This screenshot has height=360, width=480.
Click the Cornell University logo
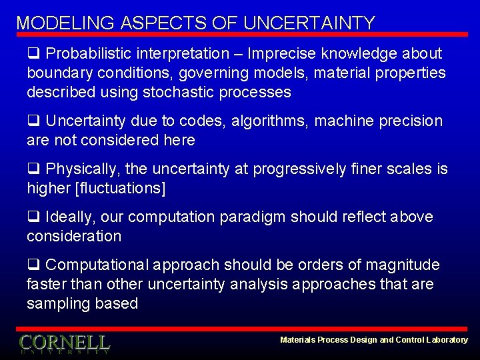64,343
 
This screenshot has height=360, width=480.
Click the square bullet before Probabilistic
33,53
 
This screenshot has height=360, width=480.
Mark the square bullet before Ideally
33,217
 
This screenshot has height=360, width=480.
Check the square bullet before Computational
33,265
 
